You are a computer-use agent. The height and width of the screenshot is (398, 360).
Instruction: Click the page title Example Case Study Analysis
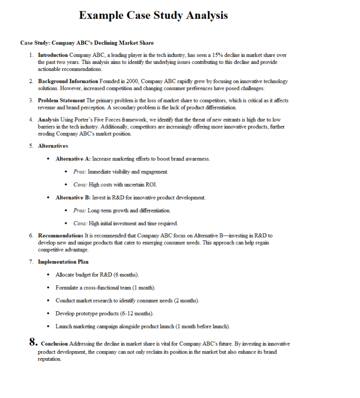[x=153, y=15]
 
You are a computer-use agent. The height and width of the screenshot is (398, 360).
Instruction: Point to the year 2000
[x=132, y=81]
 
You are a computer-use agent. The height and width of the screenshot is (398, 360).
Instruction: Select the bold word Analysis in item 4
[x=48, y=120]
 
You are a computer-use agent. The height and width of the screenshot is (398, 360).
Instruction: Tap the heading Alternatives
[x=53, y=146]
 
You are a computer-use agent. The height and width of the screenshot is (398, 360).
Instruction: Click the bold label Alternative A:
[x=73, y=159]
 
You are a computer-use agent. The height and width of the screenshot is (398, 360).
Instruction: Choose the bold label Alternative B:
[x=73, y=198]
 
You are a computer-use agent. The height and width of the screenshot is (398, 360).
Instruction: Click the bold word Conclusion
[x=54, y=344]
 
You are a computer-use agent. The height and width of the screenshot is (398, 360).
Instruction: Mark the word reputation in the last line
[x=50, y=359]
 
